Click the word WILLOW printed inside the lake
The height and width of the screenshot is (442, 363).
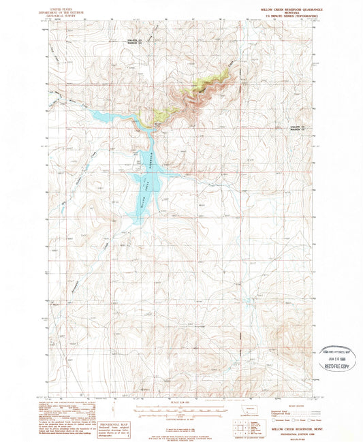[x=142, y=198]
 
